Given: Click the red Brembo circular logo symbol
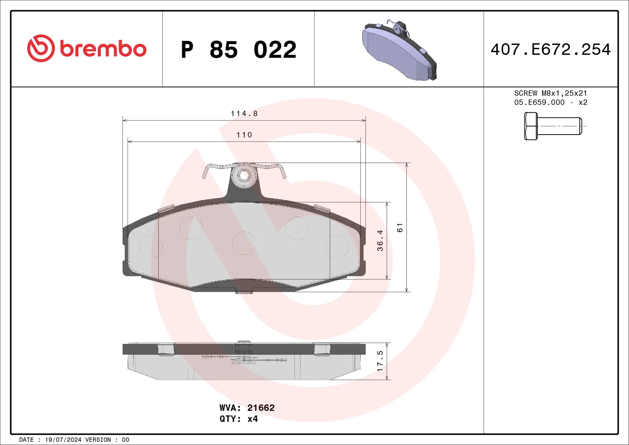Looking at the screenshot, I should coord(41,48).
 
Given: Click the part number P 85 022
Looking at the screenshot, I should coord(238,50).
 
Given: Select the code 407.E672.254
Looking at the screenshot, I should coord(550,49).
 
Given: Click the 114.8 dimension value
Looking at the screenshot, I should coord(244,113).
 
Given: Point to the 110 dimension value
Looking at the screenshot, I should coord(244,135).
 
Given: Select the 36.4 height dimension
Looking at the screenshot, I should coord(380,240).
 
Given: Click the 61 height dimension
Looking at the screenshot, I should coord(400,227).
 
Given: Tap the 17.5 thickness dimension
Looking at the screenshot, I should coord(380,361).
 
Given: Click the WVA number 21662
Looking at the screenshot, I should coord(261,408).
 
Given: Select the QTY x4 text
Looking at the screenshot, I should coord(238,419).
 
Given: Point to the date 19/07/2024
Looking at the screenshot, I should coord(63,440).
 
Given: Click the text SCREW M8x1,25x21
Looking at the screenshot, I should coord(550,93).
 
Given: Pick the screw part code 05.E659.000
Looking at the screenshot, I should coord(539,102).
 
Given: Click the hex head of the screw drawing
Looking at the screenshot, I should coord(531,126).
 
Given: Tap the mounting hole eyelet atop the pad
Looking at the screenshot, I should coord(244,176).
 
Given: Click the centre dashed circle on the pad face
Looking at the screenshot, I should coord(244,243).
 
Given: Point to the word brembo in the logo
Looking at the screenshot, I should coord(103,49).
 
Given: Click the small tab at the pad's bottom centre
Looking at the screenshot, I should coord(244,291).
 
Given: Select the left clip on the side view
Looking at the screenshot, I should coord(166,349).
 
